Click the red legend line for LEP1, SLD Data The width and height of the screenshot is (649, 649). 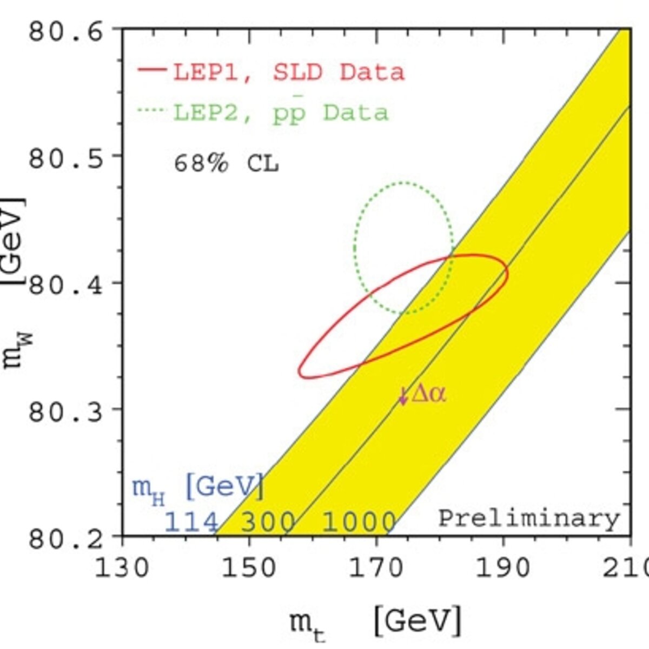pyautogui.click(x=152, y=70)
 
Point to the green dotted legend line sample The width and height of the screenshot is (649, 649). pyautogui.click(x=152, y=109)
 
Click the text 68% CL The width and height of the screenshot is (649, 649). pyautogui.click(x=226, y=165)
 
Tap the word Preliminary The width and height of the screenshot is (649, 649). pyautogui.click(x=529, y=519)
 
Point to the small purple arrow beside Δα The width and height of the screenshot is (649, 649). pyautogui.click(x=403, y=396)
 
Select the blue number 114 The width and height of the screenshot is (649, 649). pyautogui.click(x=191, y=522)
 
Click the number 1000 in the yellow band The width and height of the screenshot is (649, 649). pyautogui.click(x=359, y=522)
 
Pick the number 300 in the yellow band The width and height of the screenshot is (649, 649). pyautogui.click(x=268, y=522)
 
